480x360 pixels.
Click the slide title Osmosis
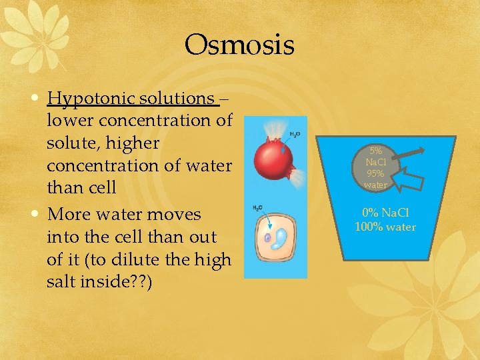pos(239,45)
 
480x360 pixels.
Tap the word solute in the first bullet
pos(69,143)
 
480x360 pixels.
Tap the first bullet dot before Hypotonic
pos(34,99)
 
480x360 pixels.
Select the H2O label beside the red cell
pos(294,135)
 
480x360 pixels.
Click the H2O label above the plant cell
pos(257,209)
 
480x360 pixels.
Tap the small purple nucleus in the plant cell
pos(267,237)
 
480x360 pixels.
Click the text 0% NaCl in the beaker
pos(385,213)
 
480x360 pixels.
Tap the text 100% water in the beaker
pos(385,227)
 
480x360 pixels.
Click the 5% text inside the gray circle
pos(375,151)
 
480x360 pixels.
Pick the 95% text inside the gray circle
pos(375,173)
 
